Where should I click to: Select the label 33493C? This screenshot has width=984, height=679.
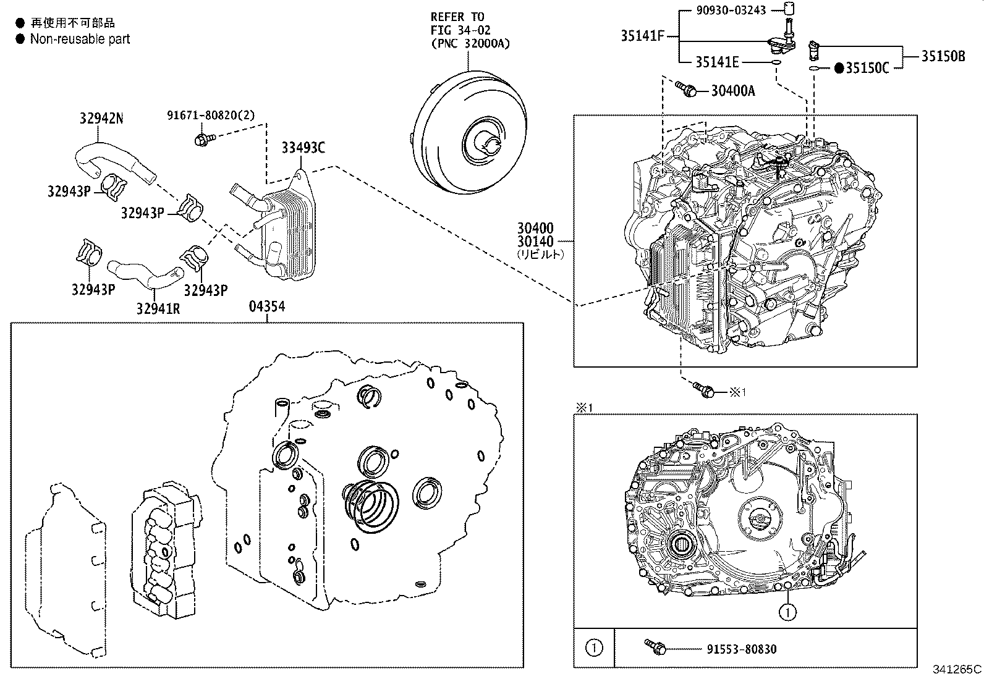coord(303,148)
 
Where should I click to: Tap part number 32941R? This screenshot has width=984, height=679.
coord(158,307)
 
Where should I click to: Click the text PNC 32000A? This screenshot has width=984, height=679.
coord(470,43)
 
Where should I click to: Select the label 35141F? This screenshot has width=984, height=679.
coord(642,36)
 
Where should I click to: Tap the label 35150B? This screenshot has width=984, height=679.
coord(943,56)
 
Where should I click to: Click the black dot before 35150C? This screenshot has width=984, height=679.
coord(839,68)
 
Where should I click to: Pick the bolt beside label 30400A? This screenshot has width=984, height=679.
coord(686,89)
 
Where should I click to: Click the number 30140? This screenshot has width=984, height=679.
coord(536,242)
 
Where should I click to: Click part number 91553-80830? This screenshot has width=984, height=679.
coord(741,649)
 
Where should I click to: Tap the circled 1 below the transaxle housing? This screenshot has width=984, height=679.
coord(787,612)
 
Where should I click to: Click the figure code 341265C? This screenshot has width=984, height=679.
coord(957,669)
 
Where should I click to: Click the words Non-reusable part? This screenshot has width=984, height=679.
coord(80,39)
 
